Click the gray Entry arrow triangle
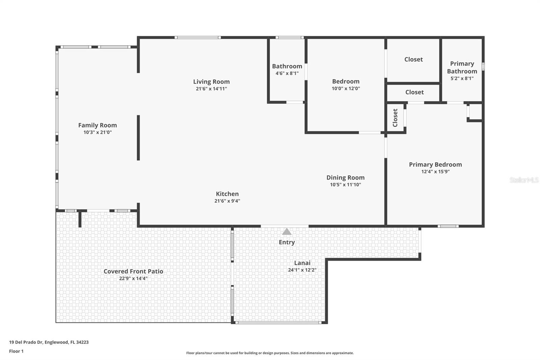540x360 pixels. point(287,232)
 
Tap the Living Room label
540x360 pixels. point(211,81)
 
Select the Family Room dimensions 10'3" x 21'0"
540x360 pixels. point(98,132)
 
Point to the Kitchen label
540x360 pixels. point(227,194)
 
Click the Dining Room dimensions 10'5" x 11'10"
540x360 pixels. point(346,185)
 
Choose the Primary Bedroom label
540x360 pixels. point(435,164)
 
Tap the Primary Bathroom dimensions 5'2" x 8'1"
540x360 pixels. point(462,78)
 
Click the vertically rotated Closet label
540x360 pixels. point(395,118)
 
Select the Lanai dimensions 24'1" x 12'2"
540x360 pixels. point(302,270)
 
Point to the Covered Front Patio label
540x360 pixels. point(133,271)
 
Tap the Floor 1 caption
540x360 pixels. point(17,351)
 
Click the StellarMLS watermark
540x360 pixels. point(524,180)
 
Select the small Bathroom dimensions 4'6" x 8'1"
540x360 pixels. point(287,73)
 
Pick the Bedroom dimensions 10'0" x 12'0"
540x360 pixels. point(346,88)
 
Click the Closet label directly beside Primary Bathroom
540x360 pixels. point(413,59)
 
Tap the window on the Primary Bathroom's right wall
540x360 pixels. point(483,66)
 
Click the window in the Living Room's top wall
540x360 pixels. point(198,37)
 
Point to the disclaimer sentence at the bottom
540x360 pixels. point(270,353)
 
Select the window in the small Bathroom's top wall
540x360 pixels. point(290,37)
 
